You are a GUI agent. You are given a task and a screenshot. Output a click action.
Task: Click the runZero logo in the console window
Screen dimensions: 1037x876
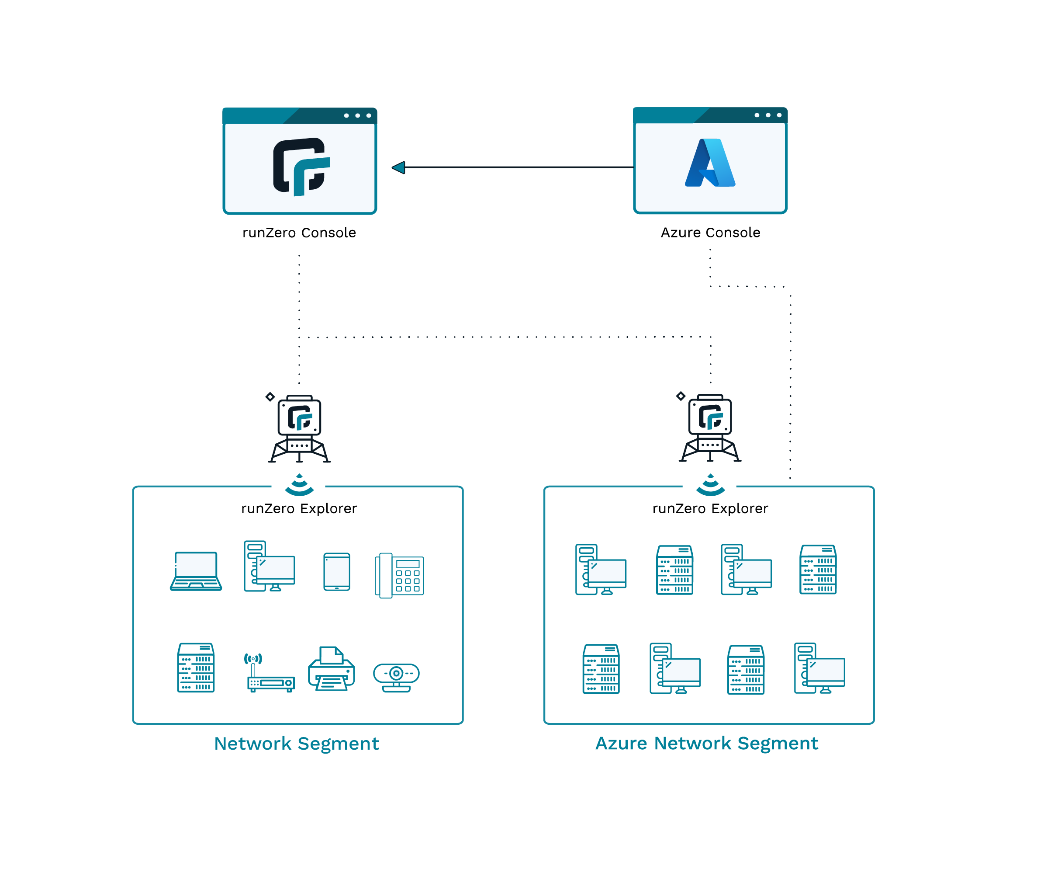(301, 167)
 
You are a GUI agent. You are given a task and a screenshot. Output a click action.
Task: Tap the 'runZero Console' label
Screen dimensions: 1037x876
(299, 233)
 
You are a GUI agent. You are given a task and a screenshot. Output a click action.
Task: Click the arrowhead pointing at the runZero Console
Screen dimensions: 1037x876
(398, 167)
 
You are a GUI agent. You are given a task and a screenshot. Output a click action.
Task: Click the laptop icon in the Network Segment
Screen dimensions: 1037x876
(196, 571)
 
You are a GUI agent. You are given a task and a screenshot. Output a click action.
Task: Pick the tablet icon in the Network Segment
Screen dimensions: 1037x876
(337, 572)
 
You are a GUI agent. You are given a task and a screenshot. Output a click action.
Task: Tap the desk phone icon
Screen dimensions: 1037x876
(399, 576)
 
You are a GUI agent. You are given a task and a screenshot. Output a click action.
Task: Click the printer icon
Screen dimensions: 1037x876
(332, 668)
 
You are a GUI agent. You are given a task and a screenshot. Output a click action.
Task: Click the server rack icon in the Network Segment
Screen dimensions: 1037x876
(196, 667)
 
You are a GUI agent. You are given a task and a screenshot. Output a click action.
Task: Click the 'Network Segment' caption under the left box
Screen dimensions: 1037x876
(296, 744)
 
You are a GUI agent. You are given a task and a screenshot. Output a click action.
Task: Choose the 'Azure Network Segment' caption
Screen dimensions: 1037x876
(707, 744)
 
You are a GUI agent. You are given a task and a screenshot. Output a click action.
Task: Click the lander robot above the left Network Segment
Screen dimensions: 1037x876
(299, 428)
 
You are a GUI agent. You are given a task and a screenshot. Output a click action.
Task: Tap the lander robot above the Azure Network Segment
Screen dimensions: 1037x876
(710, 428)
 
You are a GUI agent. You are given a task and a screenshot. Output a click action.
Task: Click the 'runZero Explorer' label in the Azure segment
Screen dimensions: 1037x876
(710, 508)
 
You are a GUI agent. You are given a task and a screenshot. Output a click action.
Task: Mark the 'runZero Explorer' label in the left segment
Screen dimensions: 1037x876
(299, 508)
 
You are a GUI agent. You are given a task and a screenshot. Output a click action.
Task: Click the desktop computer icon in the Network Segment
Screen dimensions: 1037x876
(270, 566)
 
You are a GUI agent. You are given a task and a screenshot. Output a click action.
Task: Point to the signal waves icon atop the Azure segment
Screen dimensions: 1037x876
(711, 485)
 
